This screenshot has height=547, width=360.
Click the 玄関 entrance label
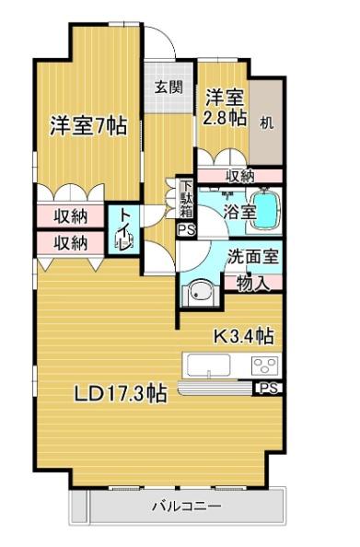pyautogui.click(x=168, y=87)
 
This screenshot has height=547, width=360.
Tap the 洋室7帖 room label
pyautogui.click(x=88, y=126)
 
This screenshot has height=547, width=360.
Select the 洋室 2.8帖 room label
pyautogui.click(x=225, y=108)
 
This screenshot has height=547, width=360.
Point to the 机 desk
pyautogui.click(x=267, y=122)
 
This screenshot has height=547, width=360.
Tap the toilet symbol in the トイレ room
pyautogui.click(x=123, y=241)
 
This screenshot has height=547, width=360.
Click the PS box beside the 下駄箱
pyautogui.click(x=186, y=230)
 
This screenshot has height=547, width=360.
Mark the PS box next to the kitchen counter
pyautogui.click(x=269, y=389)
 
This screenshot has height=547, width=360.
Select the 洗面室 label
pyautogui.click(x=253, y=258)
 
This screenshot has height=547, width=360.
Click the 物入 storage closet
pyautogui.click(x=253, y=283)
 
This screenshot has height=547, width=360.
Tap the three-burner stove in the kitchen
pyautogui.click(x=265, y=366)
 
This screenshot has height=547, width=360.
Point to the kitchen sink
pyautogui.click(x=208, y=366)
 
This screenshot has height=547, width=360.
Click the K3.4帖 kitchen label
pyautogui.click(x=243, y=336)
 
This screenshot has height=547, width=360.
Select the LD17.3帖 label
pyautogui.click(x=121, y=393)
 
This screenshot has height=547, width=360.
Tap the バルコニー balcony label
pyautogui.click(x=187, y=506)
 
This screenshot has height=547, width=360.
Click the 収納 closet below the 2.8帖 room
pyautogui.click(x=240, y=176)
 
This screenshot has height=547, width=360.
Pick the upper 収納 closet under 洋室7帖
pyautogui.click(x=70, y=216)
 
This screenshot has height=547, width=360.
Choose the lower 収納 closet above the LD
pyautogui.click(x=70, y=243)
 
